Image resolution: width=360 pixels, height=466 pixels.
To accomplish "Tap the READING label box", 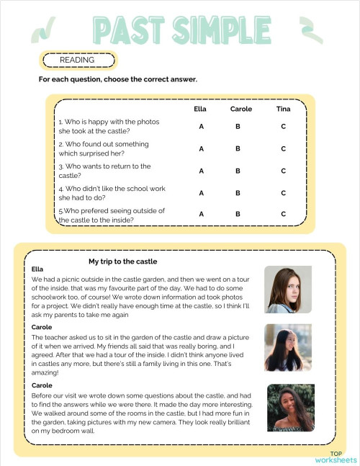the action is (x=77, y=60).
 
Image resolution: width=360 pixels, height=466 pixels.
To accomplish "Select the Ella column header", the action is (x=200, y=109).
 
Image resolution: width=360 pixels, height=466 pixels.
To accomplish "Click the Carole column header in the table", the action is (x=240, y=109).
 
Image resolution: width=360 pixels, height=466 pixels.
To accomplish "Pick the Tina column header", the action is (x=283, y=109).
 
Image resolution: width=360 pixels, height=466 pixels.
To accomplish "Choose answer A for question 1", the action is (x=202, y=127).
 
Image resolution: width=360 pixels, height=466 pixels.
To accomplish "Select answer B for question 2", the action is (x=238, y=149).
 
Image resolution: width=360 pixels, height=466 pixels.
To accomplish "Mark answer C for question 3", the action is (x=284, y=171).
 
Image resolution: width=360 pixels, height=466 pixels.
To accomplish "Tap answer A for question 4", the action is (x=202, y=193).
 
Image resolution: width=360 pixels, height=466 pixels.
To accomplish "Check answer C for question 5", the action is (x=284, y=214).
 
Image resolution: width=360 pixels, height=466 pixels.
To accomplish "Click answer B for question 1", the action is (x=238, y=127).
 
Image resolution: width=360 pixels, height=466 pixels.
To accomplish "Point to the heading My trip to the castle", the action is (x=122, y=261).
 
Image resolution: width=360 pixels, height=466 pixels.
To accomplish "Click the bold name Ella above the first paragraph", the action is (x=38, y=269).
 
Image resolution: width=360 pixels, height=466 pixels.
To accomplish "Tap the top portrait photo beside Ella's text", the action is (x=288, y=290).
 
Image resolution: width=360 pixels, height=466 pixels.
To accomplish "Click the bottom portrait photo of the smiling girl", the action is (x=290, y=407).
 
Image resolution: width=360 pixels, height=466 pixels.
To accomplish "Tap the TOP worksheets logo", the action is (x=335, y=457).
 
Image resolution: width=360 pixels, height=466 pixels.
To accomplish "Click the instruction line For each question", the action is (x=118, y=79).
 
